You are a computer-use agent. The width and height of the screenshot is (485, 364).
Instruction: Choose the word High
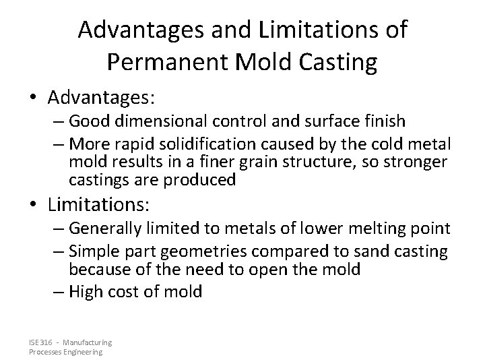(86, 292)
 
